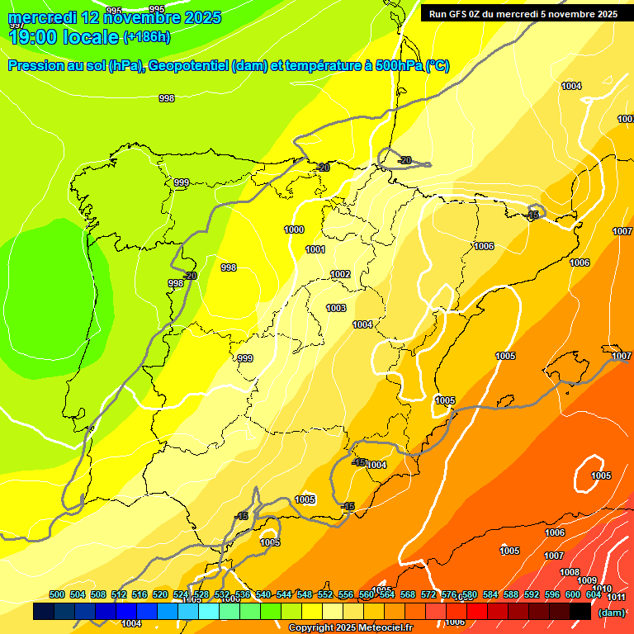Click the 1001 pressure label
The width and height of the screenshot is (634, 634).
tap(315, 249)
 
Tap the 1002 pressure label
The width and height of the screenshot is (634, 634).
tap(340, 274)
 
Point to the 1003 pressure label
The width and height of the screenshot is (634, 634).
tap(335, 308)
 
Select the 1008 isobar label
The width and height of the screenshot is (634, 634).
tap(570, 572)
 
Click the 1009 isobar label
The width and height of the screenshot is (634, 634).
tap(587, 581)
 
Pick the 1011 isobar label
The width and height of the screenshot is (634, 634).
tap(616, 597)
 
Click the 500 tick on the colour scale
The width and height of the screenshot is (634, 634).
tap(57, 594)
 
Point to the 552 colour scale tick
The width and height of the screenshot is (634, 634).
tap(325, 594)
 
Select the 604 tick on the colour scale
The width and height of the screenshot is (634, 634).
tap(593, 594)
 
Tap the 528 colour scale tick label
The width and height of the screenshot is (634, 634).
tap(201, 594)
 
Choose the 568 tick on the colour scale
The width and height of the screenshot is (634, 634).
tap(408, 594)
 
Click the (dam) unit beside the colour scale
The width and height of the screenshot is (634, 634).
tap(611, 613)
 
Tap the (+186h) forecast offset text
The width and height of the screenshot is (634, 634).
tap(146, 37)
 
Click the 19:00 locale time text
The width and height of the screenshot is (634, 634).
tap(63, 37)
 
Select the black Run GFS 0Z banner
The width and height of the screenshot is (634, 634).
tap(524, 13)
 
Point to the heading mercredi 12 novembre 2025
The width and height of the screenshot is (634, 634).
tap(114, 17)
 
